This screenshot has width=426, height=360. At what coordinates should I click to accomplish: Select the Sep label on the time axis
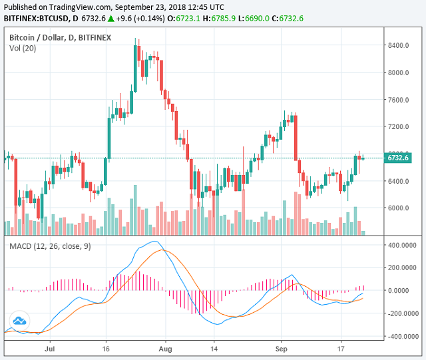tap(282, 348)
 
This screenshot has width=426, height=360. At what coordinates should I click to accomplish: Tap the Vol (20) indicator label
tap(23, 48)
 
